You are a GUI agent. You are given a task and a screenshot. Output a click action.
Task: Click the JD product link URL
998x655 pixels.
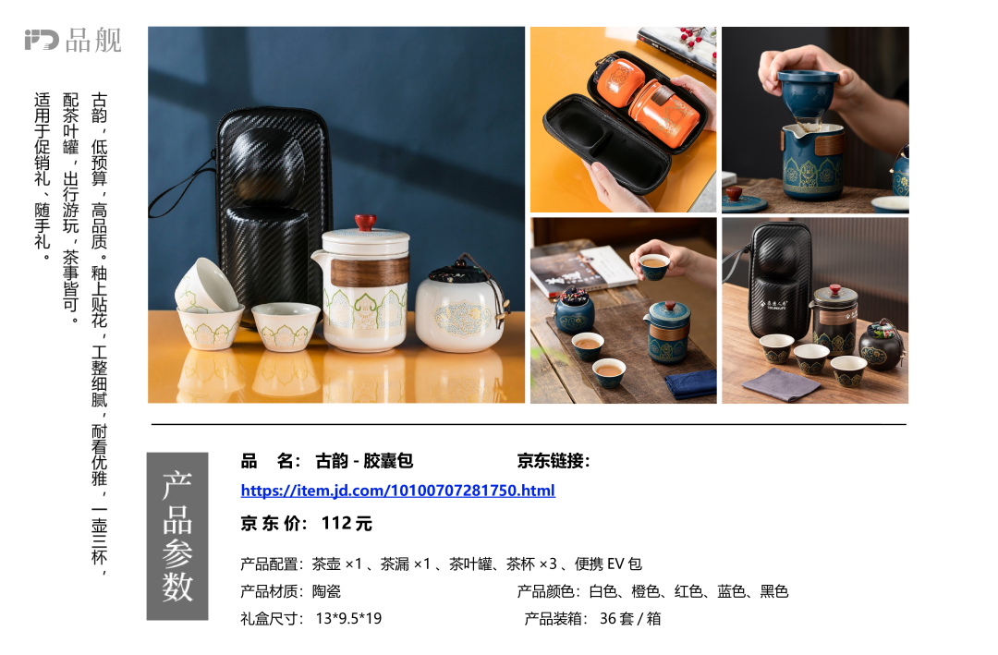click(397, 491)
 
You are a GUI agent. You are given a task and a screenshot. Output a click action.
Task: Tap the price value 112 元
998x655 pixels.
click(347, 523)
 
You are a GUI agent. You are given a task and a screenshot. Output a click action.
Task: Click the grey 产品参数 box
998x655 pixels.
click(177, 536)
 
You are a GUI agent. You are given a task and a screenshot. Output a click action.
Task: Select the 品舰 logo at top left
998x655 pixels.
click(73, 40)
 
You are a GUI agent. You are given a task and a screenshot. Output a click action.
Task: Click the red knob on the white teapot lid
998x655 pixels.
click(365, 222)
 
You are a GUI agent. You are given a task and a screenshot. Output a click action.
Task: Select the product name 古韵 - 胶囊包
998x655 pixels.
click(364, 461)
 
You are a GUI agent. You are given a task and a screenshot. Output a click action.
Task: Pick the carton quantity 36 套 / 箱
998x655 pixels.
click(630, 619)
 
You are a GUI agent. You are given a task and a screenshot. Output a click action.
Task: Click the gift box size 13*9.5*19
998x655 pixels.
click(348, 619)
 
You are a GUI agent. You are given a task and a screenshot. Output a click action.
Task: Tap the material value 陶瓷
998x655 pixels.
click(326, 591)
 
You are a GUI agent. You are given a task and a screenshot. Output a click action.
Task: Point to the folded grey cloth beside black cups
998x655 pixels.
click(781, 383)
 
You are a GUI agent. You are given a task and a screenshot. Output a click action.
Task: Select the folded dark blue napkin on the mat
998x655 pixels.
click(690, 383)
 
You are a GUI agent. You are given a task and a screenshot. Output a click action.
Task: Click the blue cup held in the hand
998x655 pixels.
click(654, 265)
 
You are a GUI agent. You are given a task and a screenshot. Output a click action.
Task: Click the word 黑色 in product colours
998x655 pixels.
click(774, 591)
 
